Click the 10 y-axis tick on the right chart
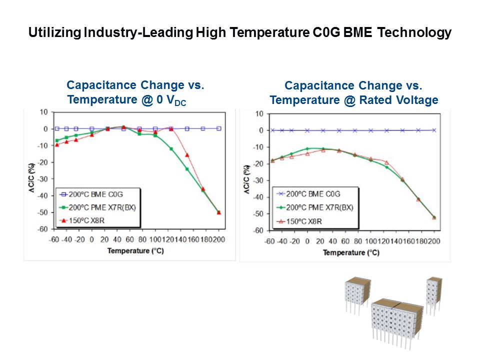[x=259, y=113]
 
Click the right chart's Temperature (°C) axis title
[x=351, y=252]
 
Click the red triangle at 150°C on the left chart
[x=187, y=155]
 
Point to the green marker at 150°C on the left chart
[x=187, y=169]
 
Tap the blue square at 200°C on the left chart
[x=219, y=128]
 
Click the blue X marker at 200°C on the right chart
[x=434, y=130]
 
